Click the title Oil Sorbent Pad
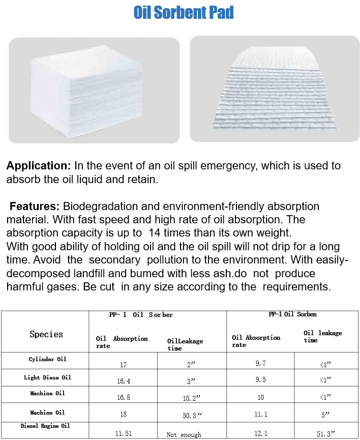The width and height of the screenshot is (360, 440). (184, 12)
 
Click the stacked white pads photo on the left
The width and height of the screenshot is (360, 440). (94, 90)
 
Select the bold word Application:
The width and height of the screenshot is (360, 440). (39, 166)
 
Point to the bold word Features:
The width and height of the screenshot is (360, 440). (35, 207)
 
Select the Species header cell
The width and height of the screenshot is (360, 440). (46, 334)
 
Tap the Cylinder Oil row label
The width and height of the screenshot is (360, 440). (47, 359)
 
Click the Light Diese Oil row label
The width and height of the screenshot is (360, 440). (47, 377)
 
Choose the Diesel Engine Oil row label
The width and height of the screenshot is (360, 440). (45, 425)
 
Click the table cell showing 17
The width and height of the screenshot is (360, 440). (123, 365)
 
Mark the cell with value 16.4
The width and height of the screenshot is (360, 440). (123, 380)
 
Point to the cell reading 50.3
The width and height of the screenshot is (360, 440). (192, 415)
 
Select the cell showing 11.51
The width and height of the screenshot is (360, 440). (123, 434)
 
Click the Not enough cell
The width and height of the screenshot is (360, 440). (184, 434)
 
